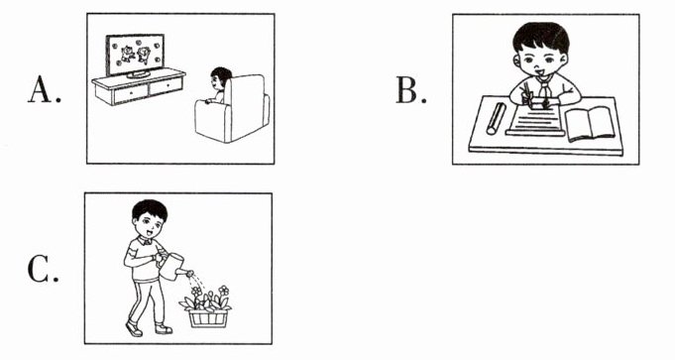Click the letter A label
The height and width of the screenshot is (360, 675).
coord(41,90)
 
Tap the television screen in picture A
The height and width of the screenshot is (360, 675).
coord(135,54)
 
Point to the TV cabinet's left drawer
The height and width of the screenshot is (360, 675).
coord(131,94)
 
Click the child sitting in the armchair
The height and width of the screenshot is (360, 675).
coord(219,85)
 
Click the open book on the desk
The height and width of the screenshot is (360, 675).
coord(590,124)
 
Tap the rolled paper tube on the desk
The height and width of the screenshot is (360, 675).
coord(496,118)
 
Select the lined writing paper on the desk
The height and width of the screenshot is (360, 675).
coord(536,121)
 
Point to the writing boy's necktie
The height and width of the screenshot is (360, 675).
coord(544,92)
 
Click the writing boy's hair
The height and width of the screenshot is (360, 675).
coord(541,37)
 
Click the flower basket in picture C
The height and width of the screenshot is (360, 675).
coord(208,318)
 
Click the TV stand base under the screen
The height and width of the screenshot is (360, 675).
coord(138,74)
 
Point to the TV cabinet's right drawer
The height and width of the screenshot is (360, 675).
coord(166,86)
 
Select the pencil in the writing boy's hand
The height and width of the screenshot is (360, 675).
coord(527,92)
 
